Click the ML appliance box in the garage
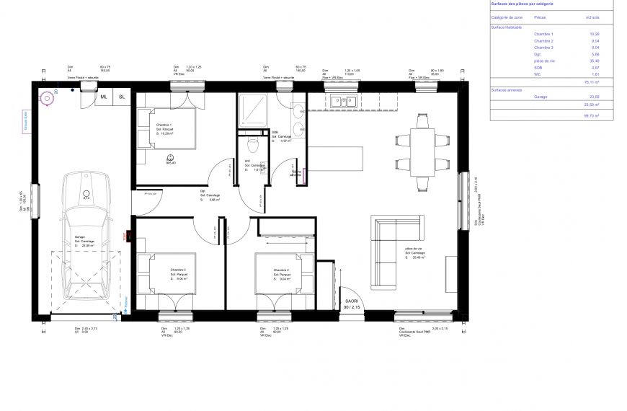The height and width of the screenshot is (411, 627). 104,97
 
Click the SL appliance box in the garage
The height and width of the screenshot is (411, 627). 121,97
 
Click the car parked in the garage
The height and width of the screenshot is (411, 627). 86,234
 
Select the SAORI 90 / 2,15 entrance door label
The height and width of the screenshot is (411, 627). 352,304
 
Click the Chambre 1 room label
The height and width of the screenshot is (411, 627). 165,125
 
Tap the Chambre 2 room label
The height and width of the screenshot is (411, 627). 282,270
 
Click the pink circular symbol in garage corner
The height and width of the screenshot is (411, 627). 48,96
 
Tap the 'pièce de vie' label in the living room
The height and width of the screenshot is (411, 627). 414,249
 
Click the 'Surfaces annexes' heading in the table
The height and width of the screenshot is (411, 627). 506,89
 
